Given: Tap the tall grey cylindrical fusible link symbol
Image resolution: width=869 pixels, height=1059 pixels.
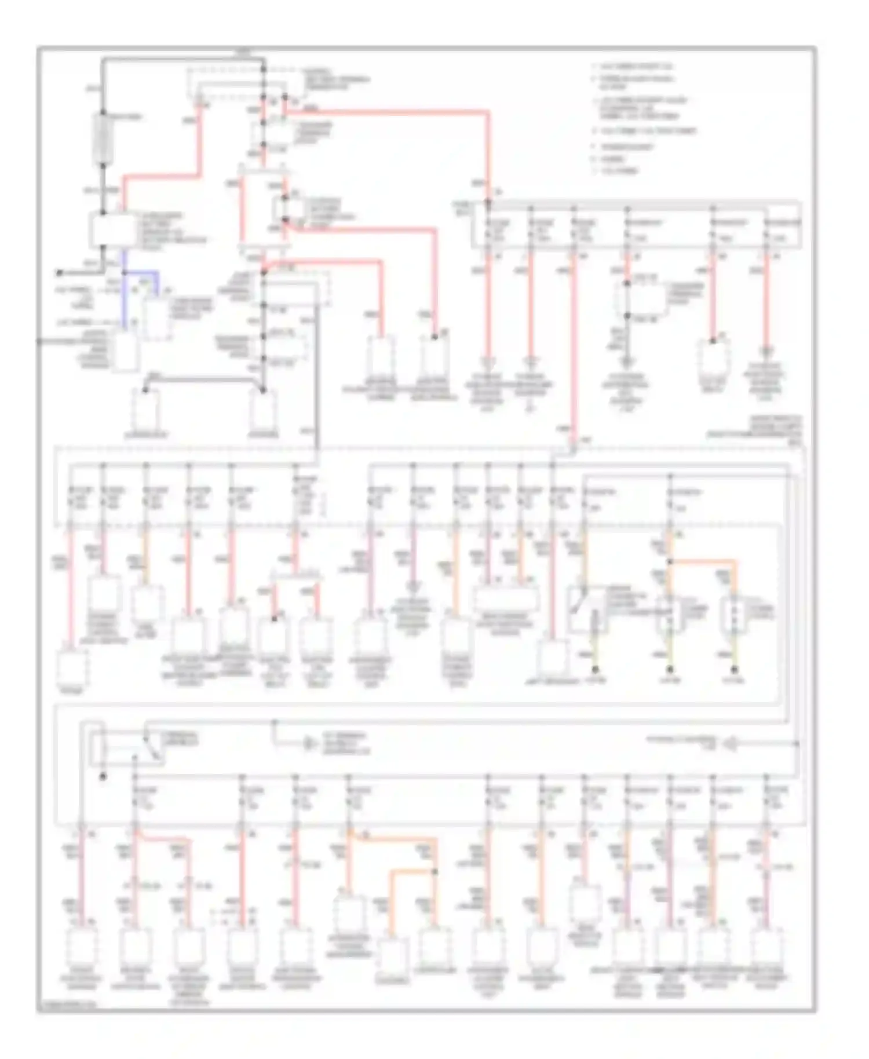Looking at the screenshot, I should coord(104,137).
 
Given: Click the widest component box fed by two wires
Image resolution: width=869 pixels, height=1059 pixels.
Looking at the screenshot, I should coord(506,597).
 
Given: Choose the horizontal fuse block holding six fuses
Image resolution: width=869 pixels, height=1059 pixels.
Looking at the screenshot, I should coord(637,226).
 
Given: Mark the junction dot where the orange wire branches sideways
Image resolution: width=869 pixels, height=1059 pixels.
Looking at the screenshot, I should coord(670,561).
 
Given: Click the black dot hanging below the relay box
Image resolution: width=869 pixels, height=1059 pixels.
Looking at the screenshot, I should coord(104,777).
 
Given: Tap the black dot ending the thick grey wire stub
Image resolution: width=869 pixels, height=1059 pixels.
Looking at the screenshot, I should coord(60,272).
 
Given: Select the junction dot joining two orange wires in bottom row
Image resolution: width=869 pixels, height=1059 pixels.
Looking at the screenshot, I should coord(434,872).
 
